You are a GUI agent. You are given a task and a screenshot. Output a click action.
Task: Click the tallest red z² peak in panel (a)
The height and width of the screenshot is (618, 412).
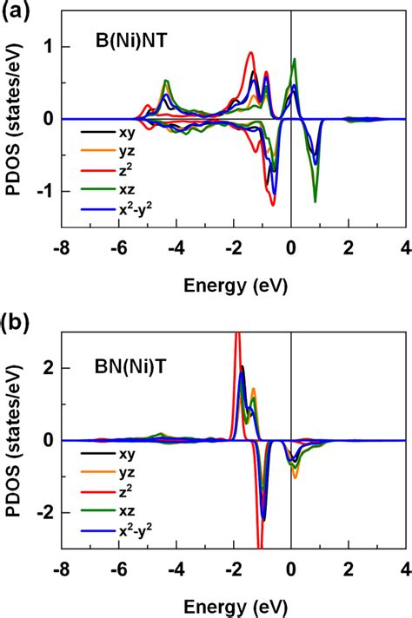pyautogui.click(x=250, y=53)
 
